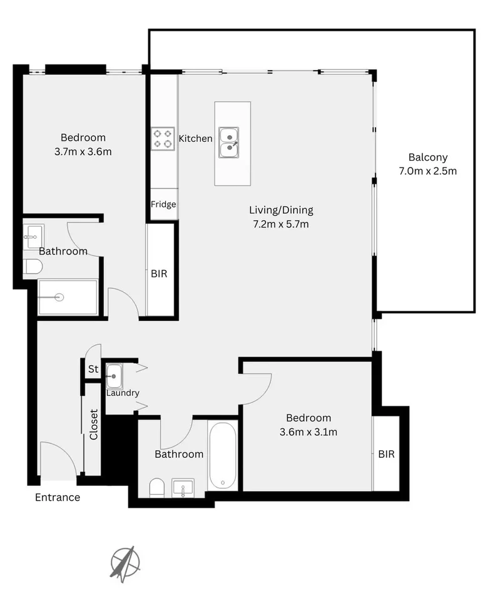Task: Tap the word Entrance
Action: click(x=58, y=498)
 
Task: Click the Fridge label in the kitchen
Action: click(x=163, y=204)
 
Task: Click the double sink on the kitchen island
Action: click(x=229, y=142)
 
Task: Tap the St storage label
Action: click(x=93, y=370)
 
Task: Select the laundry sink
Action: click(x=115, y=376)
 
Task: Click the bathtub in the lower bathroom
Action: click(x=223, y=455)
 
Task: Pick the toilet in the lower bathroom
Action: click(x=157, y=487)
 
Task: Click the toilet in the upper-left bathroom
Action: click(x=33, y=267)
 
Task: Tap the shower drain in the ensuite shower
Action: click(x=59, y=297)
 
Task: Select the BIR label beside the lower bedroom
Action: click(x=386, y=455)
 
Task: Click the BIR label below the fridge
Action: click(x=160, y=274)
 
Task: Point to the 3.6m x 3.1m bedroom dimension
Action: click(x=309, y=431)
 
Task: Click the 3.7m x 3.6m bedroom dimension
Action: click(x=83, y=151)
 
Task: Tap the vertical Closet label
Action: click(x=94, y=425)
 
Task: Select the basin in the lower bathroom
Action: click(x=183, y=487)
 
